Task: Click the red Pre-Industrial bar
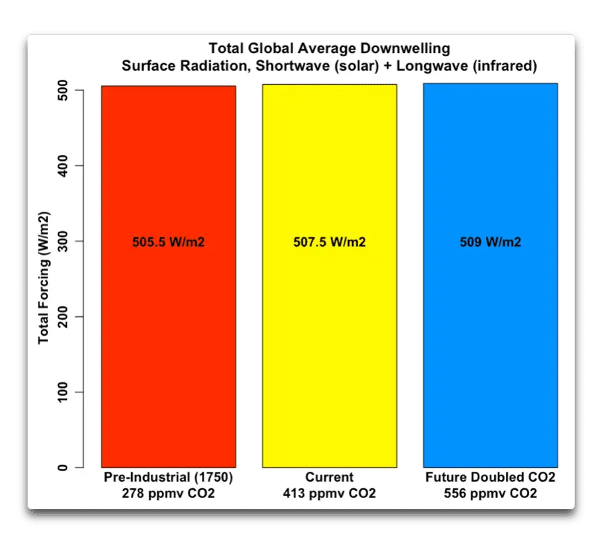pyautogui.click(x=168, y=335)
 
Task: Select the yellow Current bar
pyautogui.click(x=329, y=335)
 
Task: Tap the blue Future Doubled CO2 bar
pyautogui.click(x=490, y=335)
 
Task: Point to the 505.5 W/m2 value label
pyautogui.click(x=168, y=242)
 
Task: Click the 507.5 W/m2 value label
pyautogui.click(x=329, y=242)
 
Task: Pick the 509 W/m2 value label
pyautogui.click(x=490, y=242)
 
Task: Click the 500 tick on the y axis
pyautogui.click(x=66, y=90)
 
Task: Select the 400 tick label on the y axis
pyautogui.click(x=66, y=166)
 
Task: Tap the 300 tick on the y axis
pyautogui.click(x=66, y=241)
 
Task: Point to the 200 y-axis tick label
pyautogui.click(x=66, y=317)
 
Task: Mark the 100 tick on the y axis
pyautogui.click(x=66, y=392)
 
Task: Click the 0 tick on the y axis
pyautogui.click(x=66, y=467)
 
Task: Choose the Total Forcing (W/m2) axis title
pyautogui.click(x=44, y=279)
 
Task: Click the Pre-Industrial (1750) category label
pyautogui.click(x=168, y=477)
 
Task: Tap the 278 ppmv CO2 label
pyautogui.click(x=168, y=494)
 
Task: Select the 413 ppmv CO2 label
pyautogui.click(x=329, y=494)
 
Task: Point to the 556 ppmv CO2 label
pyautogui.click(x=490, y=494)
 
